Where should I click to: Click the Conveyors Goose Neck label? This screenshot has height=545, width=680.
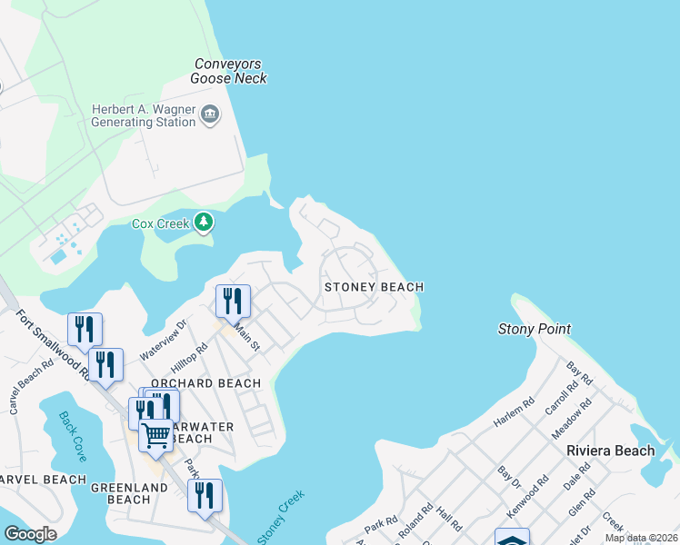228,71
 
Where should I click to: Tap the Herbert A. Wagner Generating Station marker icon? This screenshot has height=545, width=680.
211,114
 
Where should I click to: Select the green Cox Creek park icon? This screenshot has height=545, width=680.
205,223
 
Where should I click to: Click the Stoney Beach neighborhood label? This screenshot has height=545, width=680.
374,287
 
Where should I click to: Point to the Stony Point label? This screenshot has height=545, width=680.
535,328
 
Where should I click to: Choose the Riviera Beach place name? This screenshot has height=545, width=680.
609,451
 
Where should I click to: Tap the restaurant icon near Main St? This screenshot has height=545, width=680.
233,301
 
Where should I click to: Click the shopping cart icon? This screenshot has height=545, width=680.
155,436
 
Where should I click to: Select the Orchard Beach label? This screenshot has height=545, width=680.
205,383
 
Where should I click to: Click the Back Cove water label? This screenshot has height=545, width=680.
72,436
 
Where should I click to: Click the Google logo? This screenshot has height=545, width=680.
30,534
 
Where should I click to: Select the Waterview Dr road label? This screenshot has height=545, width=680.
164,338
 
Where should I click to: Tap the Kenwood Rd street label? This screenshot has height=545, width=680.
526,495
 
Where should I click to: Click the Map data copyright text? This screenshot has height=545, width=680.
641,538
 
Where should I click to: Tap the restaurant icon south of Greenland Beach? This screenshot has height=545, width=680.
205,496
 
